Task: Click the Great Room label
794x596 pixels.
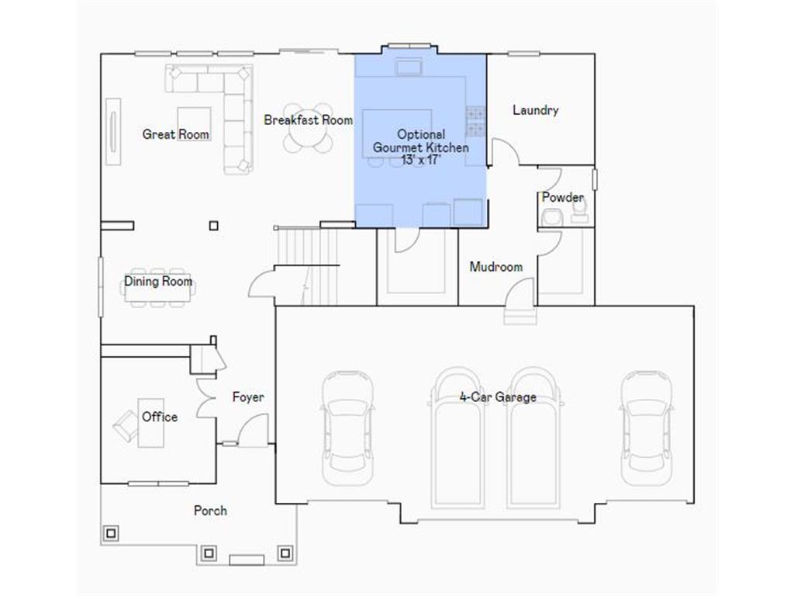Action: tap(176, 134)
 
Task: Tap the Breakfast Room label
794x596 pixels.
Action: tap(308, 120)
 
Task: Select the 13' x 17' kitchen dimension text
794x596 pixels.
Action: tap(421, 160)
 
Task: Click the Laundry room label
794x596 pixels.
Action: tap(536, 110)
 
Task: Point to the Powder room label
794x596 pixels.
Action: tap(562, 198)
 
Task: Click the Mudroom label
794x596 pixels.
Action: tap(496, 267)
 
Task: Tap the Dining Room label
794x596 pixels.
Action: tap(158, 282)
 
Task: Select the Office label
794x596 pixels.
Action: tap(160, 417)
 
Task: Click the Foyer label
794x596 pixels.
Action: tap(248, 397)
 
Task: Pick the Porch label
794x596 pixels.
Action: tap(210, 511)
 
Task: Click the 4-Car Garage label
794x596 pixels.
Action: tap(498, 397)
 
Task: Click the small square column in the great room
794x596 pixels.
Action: tap(214, 226)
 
